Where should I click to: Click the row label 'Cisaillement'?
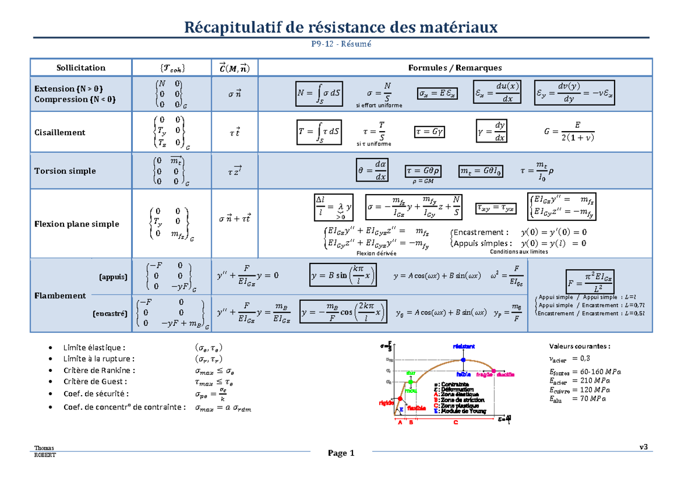click(60, 132)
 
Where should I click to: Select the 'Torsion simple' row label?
click(65, 171)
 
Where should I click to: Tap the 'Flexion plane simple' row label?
click(77, 224)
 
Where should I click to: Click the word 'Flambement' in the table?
click(60, 295)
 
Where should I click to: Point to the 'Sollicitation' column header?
click(81, 68)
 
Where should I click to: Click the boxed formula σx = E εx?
click(437, 93)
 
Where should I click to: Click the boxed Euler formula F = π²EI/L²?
click(589, 280)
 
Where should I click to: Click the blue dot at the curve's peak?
click(464, 360)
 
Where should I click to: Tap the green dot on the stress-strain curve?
click(408, 382)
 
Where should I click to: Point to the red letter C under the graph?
click(455, 422)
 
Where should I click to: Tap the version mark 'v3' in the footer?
click(643, 447)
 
